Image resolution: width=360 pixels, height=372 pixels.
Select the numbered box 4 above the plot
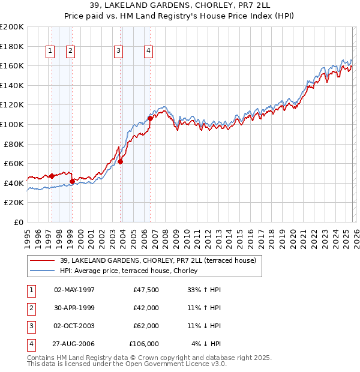[x=148, y=52]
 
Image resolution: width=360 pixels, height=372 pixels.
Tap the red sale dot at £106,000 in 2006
[x=150, y=118]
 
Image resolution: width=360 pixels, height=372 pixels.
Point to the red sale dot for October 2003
[x=120, y=161]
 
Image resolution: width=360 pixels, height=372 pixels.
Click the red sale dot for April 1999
[x=72, y=181]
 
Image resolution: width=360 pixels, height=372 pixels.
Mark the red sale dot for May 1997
[x=52, y=176]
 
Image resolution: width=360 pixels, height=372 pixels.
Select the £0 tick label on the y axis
[x=18, y=222]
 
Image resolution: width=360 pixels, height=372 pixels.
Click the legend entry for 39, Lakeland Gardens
[x=158, y=260]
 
